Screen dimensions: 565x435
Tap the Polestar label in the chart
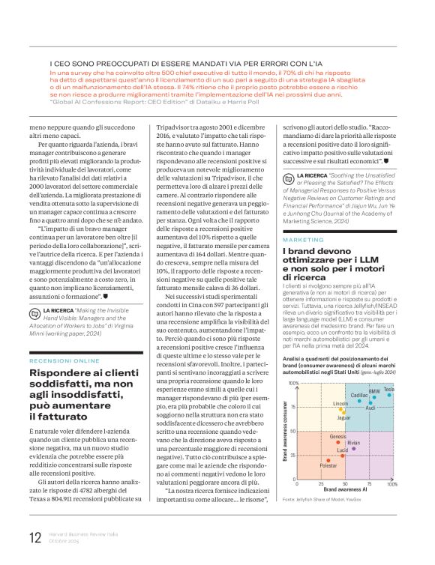click(328, 466)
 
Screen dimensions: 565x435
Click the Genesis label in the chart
click(337, 435)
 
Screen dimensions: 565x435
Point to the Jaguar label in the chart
click(343, 417)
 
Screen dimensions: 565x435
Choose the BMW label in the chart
click(374, 391)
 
